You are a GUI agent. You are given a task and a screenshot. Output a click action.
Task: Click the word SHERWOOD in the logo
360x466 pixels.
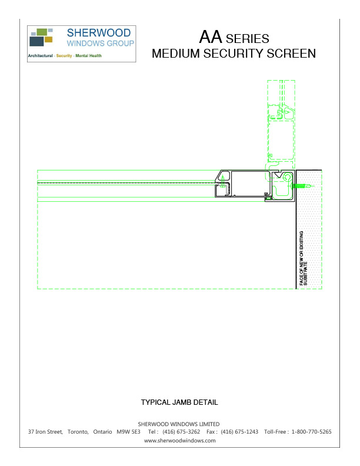[x=99, y=33]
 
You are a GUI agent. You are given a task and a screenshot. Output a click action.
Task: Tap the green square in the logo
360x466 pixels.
[x=42, y=32]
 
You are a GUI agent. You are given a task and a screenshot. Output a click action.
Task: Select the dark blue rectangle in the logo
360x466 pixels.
[x=36, y=42]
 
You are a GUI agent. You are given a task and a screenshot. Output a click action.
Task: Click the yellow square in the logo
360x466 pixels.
[x=49, y=39]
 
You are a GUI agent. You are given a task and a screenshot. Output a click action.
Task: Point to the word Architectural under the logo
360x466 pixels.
[x=41, y=56]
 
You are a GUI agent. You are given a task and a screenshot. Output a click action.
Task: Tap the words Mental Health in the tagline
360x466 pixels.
[x=88, y=56]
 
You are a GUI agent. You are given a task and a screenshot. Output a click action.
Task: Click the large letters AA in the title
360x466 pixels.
[x=211, y=38]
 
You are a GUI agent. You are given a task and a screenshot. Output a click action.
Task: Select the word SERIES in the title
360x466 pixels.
[x=248, y=39]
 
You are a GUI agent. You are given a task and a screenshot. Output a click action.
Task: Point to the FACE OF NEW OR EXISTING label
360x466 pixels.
[x=302, y=259]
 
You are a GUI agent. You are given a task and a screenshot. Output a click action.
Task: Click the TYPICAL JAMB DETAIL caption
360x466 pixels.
[x=179, y=403]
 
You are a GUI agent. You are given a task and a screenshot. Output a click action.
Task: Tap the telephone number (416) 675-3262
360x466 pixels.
[x=181, y=432]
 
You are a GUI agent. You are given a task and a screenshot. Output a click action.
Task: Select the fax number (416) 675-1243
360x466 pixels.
[x=239, y=432]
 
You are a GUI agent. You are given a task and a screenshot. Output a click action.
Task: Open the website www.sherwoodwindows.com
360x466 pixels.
[x=179, y=440]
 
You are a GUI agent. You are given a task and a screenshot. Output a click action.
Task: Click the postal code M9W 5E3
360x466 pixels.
[x=128, y=432]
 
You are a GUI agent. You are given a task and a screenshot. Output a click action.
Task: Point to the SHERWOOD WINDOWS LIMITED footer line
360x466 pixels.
[x=179, y=424]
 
